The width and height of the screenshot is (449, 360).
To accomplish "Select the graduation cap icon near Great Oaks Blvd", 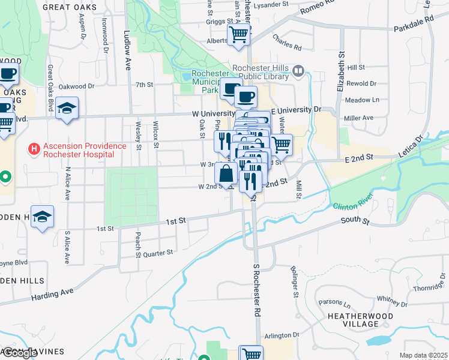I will [x=67, y=108].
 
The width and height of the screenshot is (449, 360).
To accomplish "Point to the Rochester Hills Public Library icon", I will [x=298, y=73].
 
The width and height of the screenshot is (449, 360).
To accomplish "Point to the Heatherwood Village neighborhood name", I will [x=361, y=320].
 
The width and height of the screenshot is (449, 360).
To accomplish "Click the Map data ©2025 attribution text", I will [x=424, y=355].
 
